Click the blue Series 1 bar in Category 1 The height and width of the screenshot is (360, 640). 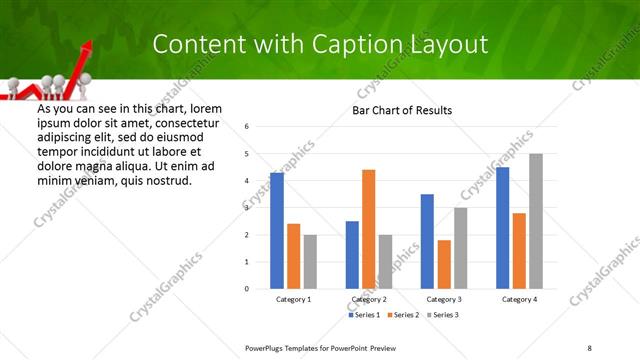pos(277,231)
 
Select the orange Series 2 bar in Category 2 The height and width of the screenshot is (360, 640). pos(369,229)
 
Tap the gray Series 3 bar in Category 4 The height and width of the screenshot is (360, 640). pos(536,221)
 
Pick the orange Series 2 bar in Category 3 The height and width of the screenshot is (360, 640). pos(444,264)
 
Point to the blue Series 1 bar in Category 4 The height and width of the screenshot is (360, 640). pos(502,228)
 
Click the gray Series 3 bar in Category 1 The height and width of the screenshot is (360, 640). pos(310,262)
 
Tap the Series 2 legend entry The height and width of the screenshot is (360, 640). pos(401,315)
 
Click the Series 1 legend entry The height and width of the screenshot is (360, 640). pos(363,315)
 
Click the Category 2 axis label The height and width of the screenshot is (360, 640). pos(369,299)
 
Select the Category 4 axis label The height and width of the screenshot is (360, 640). pos(519,299)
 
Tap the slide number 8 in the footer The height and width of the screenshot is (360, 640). pos(589,347)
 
